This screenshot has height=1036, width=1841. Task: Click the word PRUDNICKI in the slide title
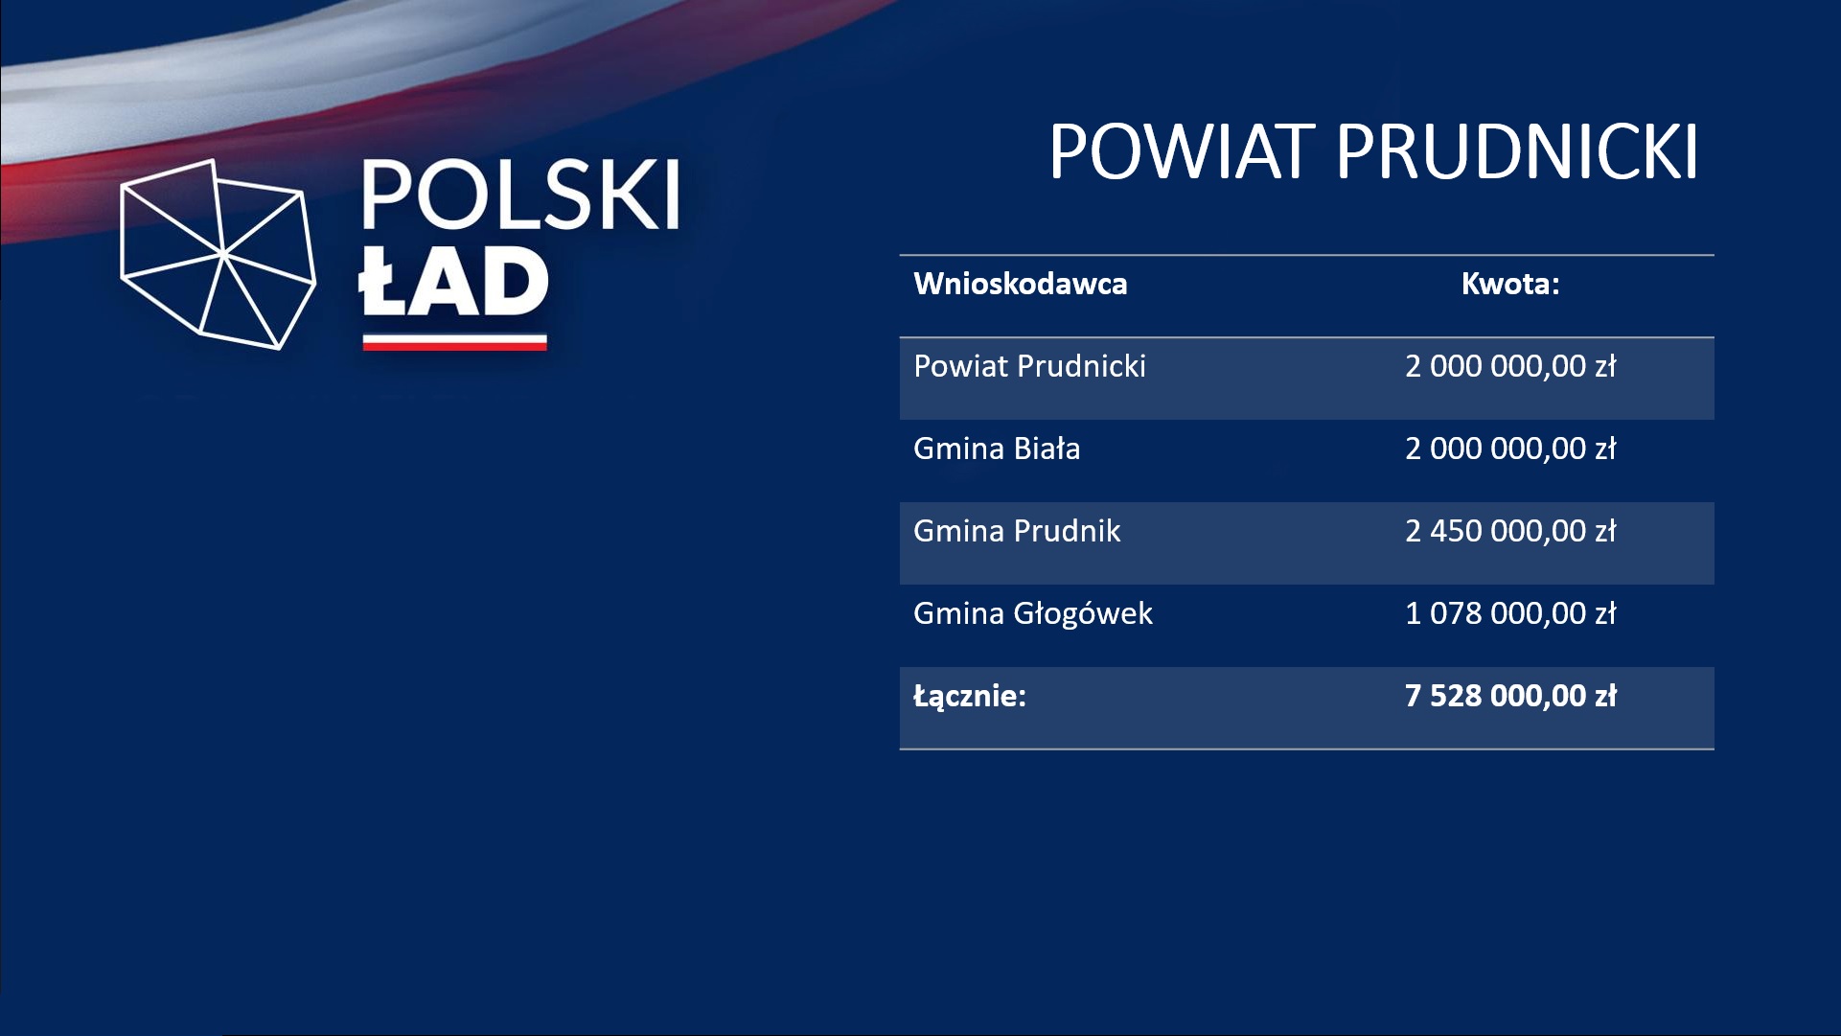(1517, 151)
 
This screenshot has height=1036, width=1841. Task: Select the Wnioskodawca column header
(1020, 284)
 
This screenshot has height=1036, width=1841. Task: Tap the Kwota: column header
(1510, 284)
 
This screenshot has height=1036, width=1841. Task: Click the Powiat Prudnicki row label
(1029, 366)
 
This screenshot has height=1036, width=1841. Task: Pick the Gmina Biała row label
(997, 449)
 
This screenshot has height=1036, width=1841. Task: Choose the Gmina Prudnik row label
(1017, 531)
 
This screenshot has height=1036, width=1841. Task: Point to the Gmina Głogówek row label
(1033, 613)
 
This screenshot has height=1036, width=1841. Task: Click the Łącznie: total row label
(969, 696)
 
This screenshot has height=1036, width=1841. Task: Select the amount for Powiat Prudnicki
(1510, 366)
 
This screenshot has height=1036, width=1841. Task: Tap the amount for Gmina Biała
(1510, 449)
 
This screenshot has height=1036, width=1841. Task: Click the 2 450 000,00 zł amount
(1510, 531)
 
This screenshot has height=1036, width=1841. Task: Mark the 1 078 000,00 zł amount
(1510, 613)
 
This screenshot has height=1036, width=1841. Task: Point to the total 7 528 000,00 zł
(1510, 696)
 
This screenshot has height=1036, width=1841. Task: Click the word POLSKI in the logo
(520, 195)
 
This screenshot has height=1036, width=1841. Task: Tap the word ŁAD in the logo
(453, 281)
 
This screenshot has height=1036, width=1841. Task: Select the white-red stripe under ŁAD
(454, 342)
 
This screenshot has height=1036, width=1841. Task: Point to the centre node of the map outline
(223, 254)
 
